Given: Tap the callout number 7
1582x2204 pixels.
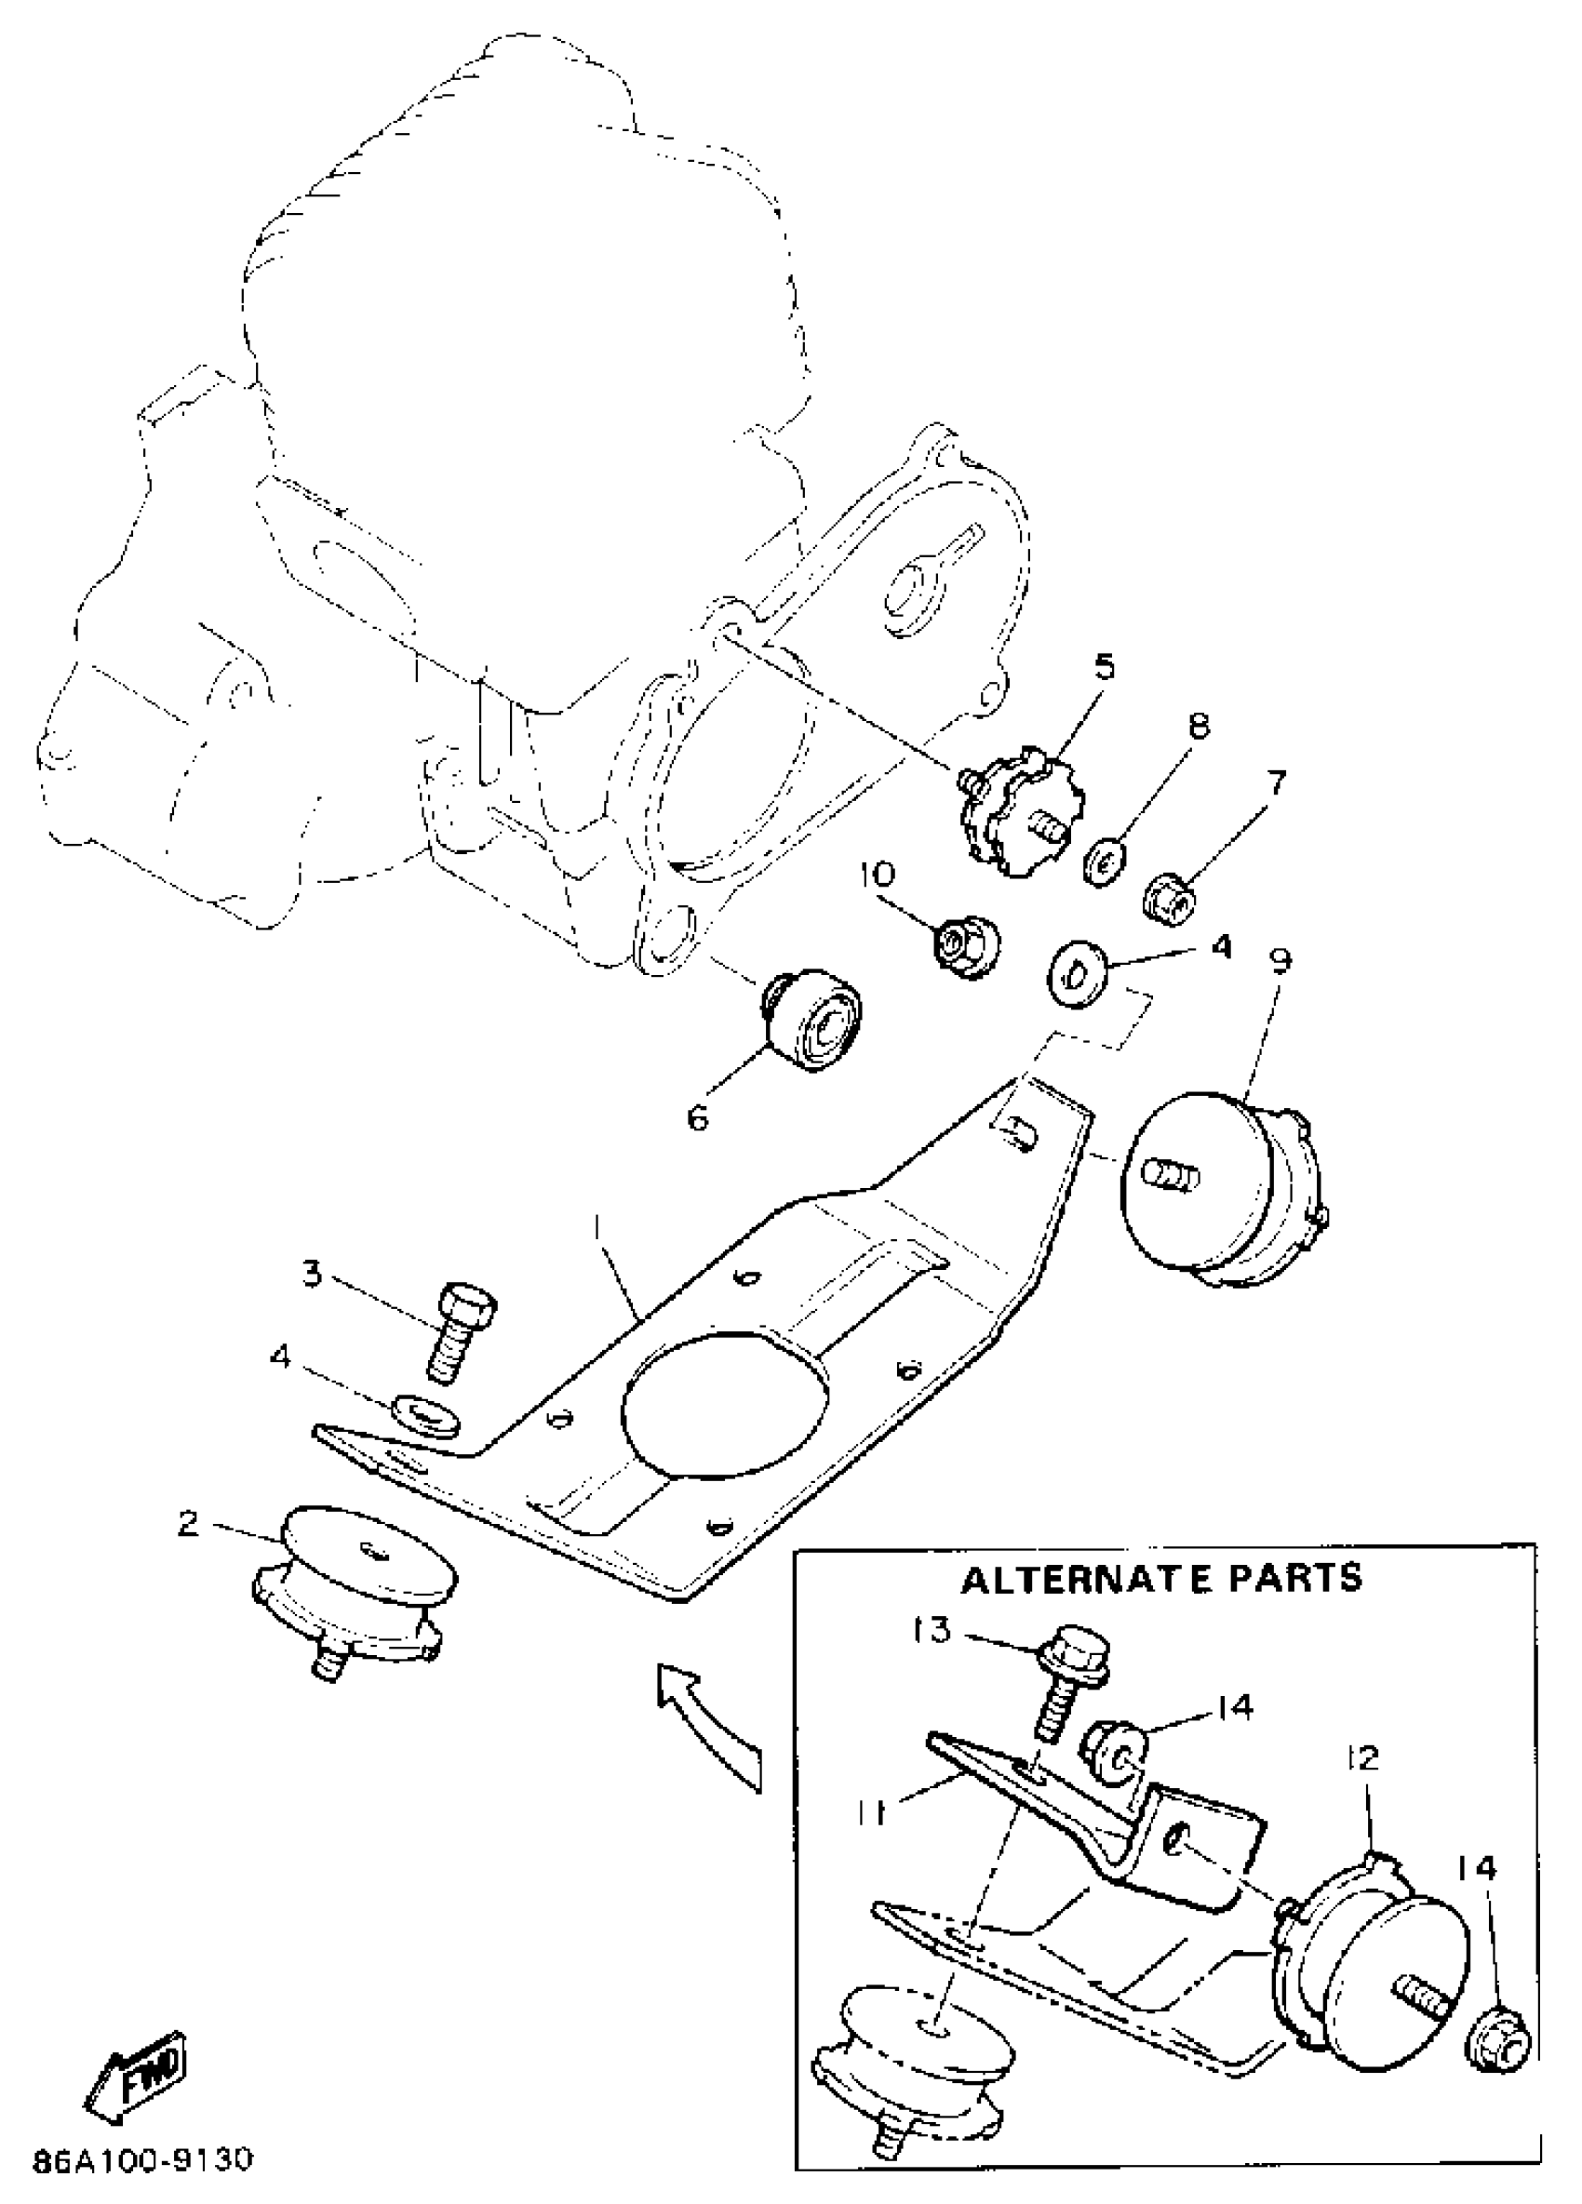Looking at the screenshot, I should click(x=1275, y=782).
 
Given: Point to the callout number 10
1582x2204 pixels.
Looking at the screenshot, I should click(x=877, y=874).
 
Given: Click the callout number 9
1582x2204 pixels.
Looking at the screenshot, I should click(x=1280, y=961).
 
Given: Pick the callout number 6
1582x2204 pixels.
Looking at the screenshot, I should click(x=698, y=1118).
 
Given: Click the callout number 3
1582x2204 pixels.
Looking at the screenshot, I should click(x=312, y=1273).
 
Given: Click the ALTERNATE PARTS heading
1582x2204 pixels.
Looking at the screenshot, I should click(x=1162, y=1577).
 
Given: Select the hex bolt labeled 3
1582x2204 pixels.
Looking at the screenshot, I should click(x=457, y=1330).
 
